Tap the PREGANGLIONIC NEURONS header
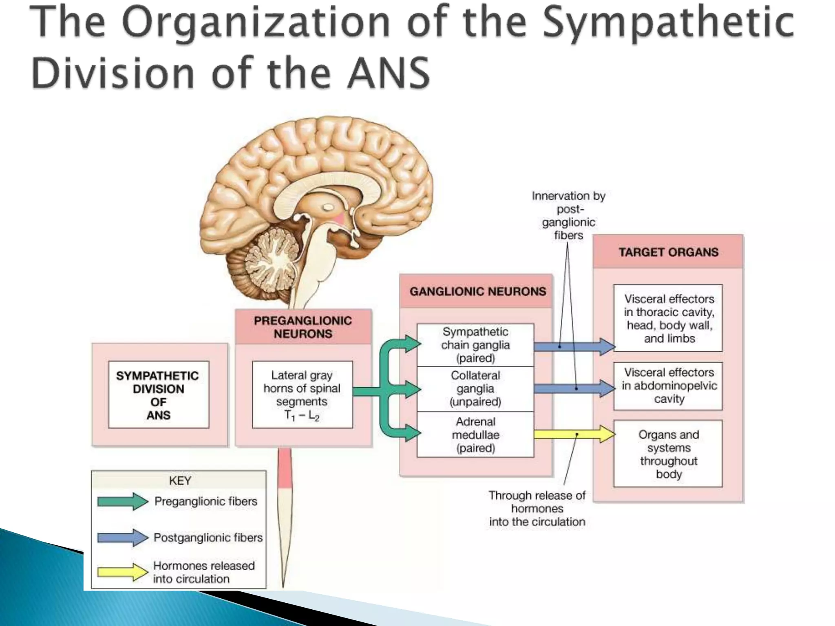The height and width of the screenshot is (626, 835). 303,327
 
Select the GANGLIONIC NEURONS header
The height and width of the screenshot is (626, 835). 477,292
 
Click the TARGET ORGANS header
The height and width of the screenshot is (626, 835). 668,252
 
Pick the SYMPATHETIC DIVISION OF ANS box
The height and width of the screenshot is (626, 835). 158,395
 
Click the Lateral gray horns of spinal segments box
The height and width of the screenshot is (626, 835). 302,395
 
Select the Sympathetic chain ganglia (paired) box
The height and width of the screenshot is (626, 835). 475,345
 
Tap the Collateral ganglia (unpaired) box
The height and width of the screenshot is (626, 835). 475,389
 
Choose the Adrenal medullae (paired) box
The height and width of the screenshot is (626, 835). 475,435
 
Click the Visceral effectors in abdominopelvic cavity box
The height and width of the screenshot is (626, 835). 669,386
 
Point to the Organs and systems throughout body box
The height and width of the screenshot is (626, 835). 668,454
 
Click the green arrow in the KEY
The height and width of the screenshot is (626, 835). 122,501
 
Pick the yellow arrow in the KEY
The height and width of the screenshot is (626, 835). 122,572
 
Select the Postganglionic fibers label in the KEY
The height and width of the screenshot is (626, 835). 208,538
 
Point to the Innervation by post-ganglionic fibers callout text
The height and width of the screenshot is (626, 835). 569,216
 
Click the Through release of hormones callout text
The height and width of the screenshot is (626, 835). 537,509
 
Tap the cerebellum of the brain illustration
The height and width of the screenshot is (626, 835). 265,261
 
